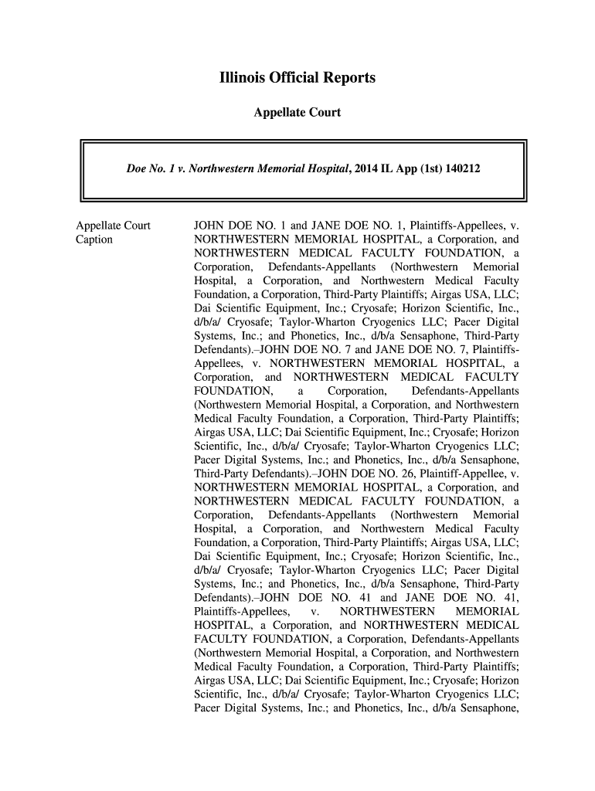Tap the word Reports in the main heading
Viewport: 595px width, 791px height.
click(348, 79)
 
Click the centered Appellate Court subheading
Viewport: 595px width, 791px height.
click(297, 113)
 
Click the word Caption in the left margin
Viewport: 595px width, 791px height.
click(93, 239)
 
